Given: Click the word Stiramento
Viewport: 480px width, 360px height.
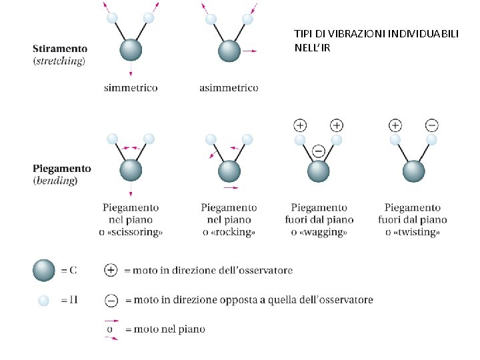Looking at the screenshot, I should [60, 49].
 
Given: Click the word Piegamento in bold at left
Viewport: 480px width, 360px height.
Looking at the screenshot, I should [62, 169].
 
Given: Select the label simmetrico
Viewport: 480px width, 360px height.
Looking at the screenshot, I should [131, 87].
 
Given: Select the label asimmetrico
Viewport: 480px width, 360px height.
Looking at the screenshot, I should [229, 87].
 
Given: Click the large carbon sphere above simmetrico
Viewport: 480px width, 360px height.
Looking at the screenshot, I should [131, 51].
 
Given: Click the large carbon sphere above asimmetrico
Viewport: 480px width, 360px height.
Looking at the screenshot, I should [229, 51].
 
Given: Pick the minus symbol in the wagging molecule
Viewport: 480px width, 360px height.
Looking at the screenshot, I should [318, 151].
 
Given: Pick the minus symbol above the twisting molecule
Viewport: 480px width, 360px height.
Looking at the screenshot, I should [432, 125].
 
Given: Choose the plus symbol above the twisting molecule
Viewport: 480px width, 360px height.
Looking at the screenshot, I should [395, 125].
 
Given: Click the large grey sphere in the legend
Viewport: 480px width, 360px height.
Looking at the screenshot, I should [43, 270].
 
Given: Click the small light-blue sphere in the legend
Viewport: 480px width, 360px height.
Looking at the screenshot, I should [43, 300].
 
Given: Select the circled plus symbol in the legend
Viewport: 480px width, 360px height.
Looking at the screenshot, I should [111, 270].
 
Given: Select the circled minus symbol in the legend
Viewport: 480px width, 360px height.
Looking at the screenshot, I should [111, 300].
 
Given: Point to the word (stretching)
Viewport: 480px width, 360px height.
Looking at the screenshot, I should [59, 61].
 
